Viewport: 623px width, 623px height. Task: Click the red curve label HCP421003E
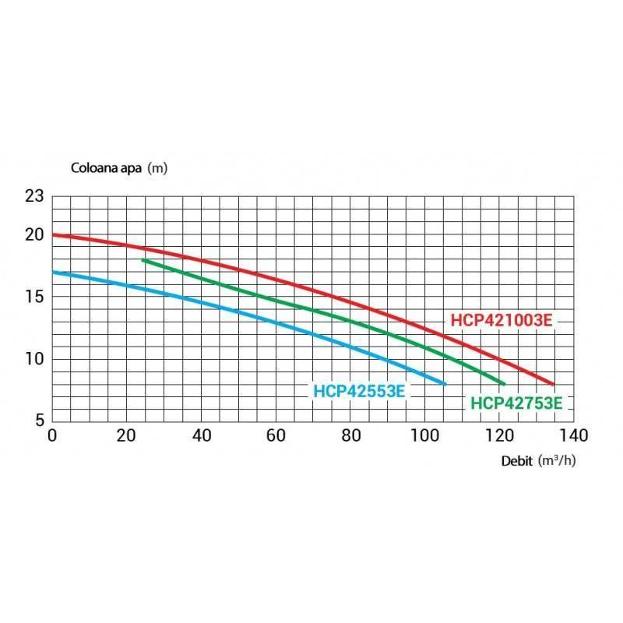[502, 320]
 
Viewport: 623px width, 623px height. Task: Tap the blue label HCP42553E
[359, 392]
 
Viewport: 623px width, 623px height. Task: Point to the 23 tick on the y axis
[34, 196]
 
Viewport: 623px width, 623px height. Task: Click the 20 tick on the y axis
[34, 234]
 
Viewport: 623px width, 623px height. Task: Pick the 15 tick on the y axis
[34, 297]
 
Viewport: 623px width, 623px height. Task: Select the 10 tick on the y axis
[34, 359]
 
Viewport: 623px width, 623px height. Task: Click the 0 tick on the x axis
[52, 435]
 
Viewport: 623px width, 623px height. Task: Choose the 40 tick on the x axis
[201, 435]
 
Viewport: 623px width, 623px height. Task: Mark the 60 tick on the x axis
[276, 435]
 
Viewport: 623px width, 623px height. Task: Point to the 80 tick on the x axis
[350, 435]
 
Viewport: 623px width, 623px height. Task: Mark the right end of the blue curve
[445, 384]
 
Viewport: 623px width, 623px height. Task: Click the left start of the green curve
[143, 260]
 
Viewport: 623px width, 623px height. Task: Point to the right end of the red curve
[553, 384]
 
